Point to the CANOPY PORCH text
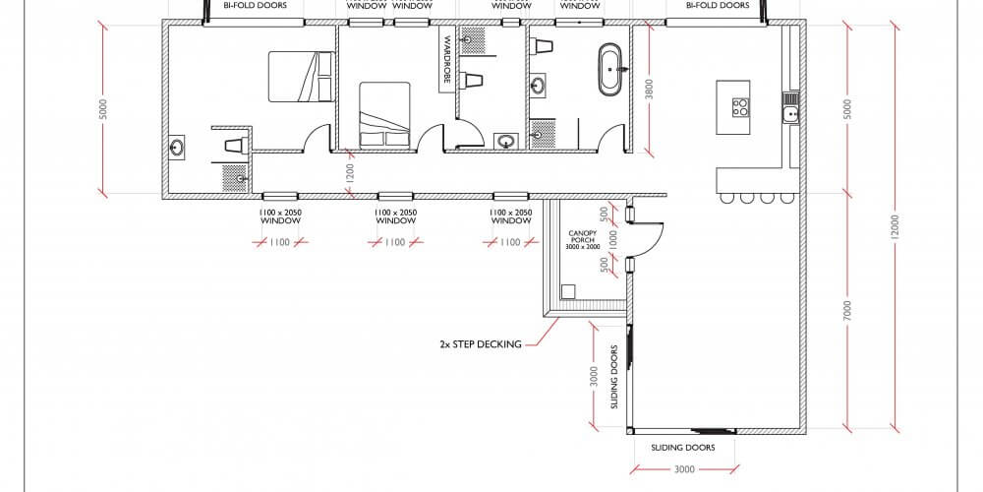(584, 239)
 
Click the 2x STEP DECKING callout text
(481, 344)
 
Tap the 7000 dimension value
(847, 311)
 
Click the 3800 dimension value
(648, 90)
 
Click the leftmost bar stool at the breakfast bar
(727, 198)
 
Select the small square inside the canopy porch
(568, 291)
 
